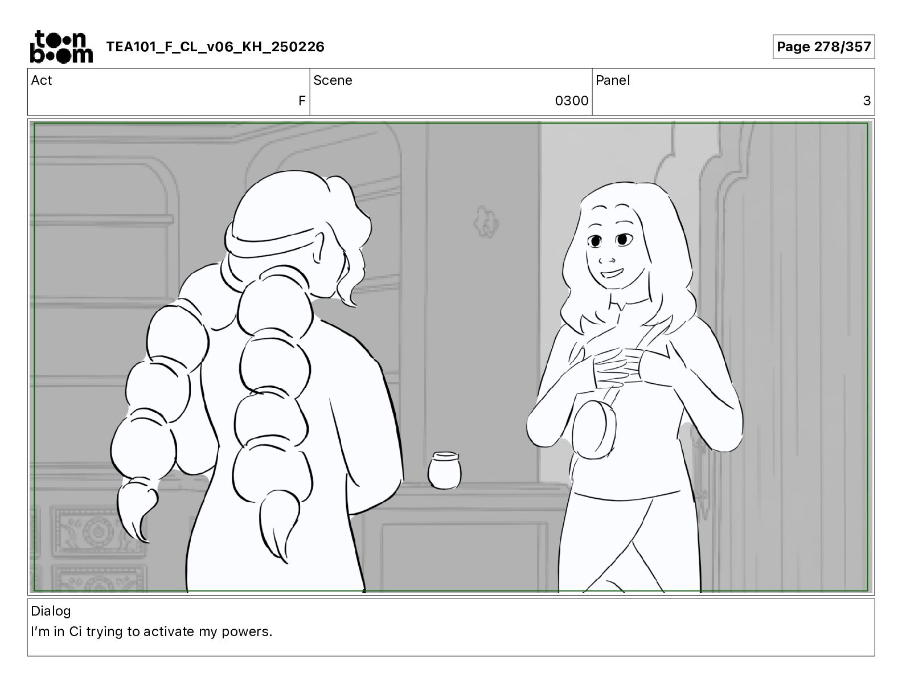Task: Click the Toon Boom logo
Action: tap(61, 47)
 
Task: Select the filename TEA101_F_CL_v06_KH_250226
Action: tap(215, 47)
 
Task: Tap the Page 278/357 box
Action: tap(823, 47)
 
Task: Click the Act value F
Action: tap(302, 100)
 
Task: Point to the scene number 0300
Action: tap(571, 100)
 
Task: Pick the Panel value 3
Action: tap(867, 100)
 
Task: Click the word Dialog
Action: tap(51, 610)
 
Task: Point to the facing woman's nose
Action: tap(607, 260)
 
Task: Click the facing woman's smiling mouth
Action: tap(612, 274)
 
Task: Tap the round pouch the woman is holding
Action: tap(593, 428)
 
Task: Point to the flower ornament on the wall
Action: tap(486, 222)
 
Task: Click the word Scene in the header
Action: tap(333, 80)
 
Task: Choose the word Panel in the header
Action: tap(613, 80)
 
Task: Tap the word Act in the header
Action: tap(42, 80)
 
